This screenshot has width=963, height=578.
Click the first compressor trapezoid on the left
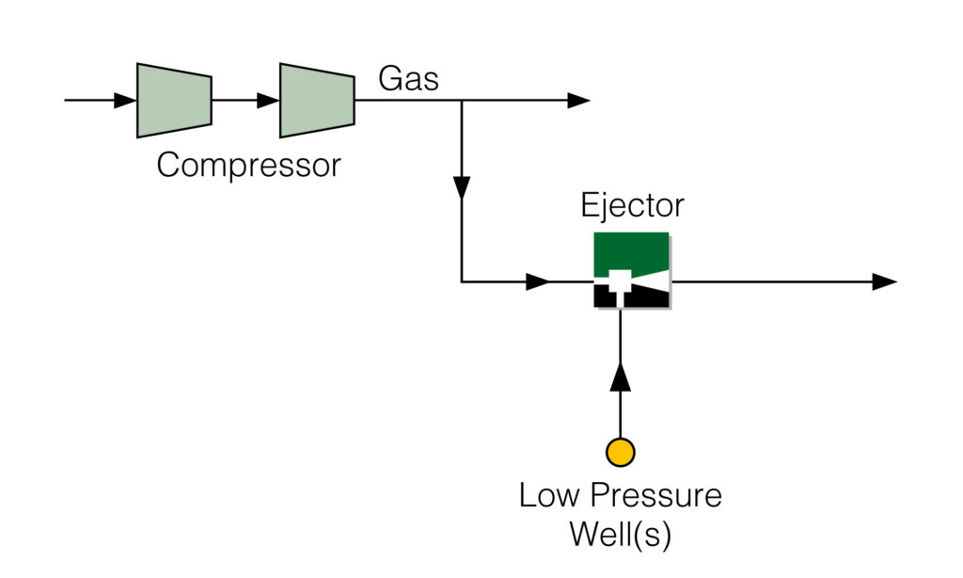tap(174, 100)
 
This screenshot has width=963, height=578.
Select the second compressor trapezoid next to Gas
tap(317, 100)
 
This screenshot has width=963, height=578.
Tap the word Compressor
tap(248, 165)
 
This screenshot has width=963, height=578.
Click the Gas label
tap(408, 78)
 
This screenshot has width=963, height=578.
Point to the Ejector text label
tap(632, 205)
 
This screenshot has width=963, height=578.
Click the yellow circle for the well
tap(621, 453)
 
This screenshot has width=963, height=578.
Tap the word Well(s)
tap(621, 534)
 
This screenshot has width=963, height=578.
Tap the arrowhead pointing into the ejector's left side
tap(538, 281)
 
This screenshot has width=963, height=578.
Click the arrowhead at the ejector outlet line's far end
tap(884, 281)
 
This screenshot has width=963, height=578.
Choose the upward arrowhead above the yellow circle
tap(621, 377)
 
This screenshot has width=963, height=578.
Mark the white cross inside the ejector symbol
tap(619, 281)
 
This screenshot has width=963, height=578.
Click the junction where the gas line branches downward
tap(462, 100)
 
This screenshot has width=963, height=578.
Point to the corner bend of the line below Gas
tap(462, 281)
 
